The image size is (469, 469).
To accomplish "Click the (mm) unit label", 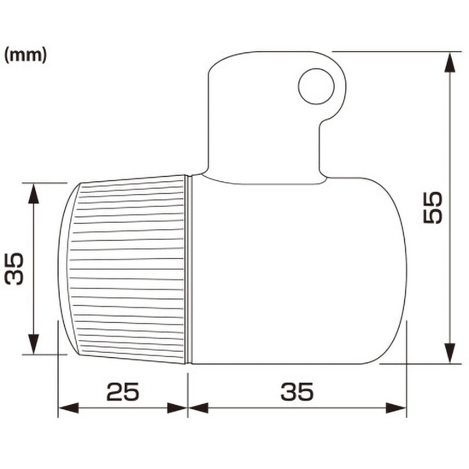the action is (x=26, y=56).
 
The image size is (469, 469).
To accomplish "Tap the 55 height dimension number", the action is (x=433, y=208).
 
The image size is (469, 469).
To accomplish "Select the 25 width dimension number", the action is (x=123, y=392).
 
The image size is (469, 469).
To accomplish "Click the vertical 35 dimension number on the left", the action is (x=14, y=269).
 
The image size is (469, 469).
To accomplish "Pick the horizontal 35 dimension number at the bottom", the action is (x=297, y=392).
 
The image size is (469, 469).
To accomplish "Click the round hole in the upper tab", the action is (x=316, y=86).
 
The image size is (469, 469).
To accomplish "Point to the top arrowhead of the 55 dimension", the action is (x=450, y=62).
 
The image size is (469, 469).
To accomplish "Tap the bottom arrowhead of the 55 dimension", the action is (x=450, y=354).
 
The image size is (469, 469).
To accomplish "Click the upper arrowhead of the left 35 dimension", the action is (x=33, y=193).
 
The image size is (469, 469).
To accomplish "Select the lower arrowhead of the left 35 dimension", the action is (x=33, y=344).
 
